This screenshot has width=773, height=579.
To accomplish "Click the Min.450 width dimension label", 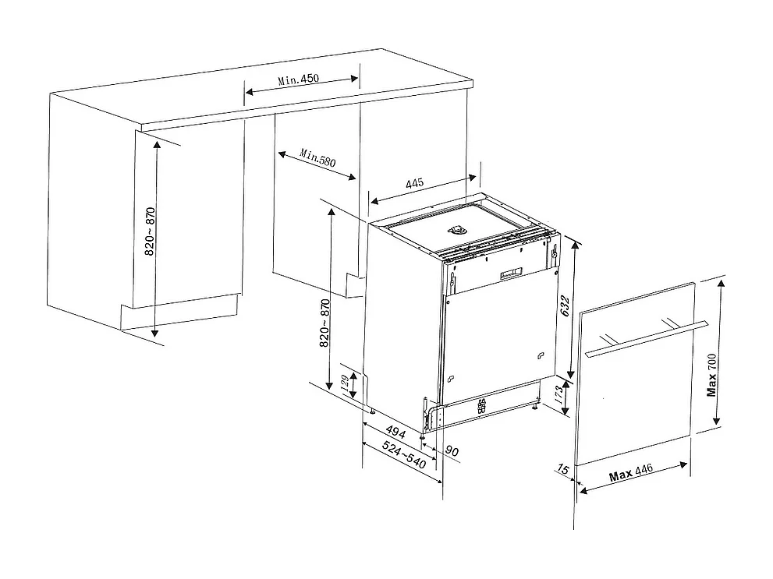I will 299,79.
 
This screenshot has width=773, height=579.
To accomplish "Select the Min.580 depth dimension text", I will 317,159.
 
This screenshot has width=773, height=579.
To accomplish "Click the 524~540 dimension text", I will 405,455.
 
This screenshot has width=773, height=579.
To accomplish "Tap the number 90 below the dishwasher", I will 452,450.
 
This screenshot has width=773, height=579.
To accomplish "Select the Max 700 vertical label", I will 711,374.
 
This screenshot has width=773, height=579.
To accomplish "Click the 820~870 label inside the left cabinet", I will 150,232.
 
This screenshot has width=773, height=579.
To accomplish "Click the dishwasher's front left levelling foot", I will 423,434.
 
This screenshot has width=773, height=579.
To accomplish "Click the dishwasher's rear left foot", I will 373,411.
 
